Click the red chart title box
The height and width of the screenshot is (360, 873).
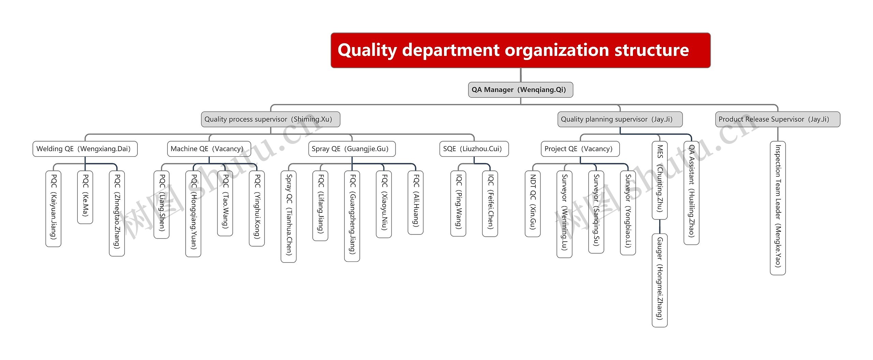point(520,50)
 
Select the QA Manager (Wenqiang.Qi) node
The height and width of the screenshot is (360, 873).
point(520,90)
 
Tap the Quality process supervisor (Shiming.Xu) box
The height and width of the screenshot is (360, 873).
point(270,119)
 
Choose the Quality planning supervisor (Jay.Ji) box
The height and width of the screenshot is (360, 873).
point(620,119)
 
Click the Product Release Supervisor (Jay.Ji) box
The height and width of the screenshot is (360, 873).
point(777,119)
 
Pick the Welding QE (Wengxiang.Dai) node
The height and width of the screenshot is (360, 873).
point(85,149)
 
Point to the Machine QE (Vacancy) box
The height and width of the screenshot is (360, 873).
point(209,149)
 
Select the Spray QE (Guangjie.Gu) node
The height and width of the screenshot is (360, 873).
point(352,149)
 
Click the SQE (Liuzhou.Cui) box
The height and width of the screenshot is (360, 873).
point(474,149)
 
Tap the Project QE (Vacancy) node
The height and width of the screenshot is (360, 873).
point(580,149)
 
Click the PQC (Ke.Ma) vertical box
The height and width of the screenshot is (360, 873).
point(85,197)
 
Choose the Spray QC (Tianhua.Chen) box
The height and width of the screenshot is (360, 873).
point(288,216)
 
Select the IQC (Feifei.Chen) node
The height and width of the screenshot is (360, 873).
point(490,203)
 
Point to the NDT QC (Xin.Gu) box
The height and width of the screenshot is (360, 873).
point(533,204)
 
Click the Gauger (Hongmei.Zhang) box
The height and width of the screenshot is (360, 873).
point(660,280)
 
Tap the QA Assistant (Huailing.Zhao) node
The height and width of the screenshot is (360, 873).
point(691,193)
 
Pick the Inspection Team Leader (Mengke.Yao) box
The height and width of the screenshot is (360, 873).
point(778,208)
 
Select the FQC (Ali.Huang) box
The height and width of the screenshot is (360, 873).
point(415,202)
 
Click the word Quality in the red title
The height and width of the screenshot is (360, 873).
point(367,50)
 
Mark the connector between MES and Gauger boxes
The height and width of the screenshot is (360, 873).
point(660,226)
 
